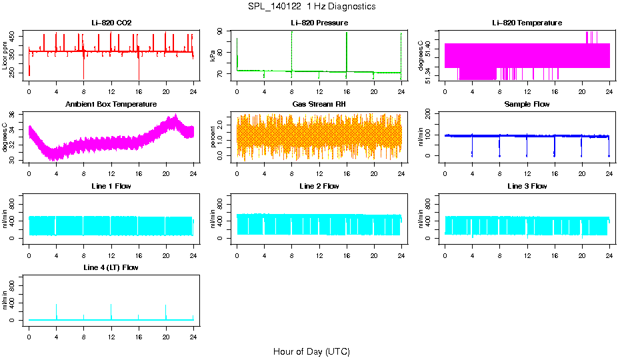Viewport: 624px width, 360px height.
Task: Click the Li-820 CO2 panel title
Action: click(x=111, y=23)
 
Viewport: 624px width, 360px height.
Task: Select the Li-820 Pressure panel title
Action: click(x=319, y=23)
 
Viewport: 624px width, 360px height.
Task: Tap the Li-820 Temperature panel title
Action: click(x=527, y=23)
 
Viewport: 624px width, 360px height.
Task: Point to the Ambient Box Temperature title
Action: click(x=111, y=104)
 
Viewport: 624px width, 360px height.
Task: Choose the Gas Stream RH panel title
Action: click(x=319, y=104)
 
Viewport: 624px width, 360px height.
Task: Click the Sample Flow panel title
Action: click(x=527, y=104)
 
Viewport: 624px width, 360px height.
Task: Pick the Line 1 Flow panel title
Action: click(x=111, y=186)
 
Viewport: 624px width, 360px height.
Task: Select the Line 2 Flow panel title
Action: click(x=319, y=186)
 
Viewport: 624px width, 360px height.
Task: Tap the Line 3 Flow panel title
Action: click(x=527, y=186)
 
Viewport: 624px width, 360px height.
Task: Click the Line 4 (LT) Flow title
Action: click(x=111, y=267)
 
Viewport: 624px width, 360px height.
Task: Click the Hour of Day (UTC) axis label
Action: click(x=311, y=351)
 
